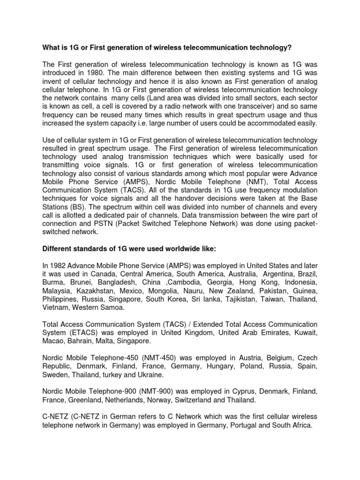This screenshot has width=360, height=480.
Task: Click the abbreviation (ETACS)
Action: [x=81, y=332]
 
